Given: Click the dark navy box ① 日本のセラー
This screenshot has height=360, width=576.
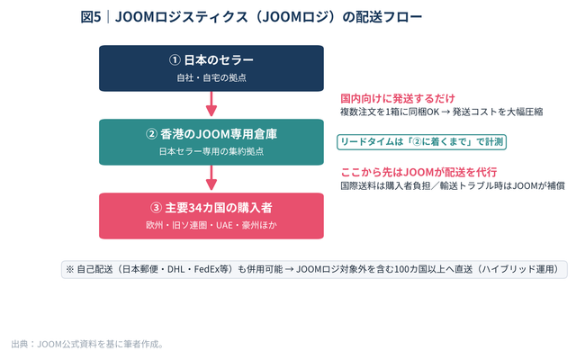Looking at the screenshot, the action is click(211, 68).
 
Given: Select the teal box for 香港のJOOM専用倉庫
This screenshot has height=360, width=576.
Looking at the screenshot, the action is click(211, 142).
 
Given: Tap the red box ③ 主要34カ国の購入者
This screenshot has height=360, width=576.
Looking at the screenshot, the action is click(211, 216).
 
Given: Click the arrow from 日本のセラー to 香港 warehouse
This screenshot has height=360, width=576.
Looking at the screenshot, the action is click(211, 104).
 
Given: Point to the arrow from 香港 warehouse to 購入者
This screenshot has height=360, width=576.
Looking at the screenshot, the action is click(211, 178).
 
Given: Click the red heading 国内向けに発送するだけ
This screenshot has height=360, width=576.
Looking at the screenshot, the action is click(398, 98).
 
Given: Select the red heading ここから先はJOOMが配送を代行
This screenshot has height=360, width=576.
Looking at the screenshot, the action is click(418, 172).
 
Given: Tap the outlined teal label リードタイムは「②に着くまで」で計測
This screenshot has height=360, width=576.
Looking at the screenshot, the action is click(422, 142).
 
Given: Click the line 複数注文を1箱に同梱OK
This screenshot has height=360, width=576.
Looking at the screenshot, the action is click(390, 112).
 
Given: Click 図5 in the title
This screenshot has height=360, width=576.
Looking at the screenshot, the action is click(91, 17).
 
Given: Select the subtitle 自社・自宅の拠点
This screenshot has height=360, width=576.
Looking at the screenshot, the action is click(211, 78).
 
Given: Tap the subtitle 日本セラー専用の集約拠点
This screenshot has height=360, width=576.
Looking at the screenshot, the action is click(211, 151).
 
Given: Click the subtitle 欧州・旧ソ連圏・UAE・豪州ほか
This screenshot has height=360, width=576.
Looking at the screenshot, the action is click(211, 225).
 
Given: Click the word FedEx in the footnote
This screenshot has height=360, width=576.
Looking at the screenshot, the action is click(206, 270).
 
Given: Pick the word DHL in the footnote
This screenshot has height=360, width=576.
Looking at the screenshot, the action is click(176, 270).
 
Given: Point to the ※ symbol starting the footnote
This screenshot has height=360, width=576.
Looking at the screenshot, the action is click(70, 270).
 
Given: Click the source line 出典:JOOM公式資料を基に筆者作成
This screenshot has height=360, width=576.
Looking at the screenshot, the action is click(87, 344).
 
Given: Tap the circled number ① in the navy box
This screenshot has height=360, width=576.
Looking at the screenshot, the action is click(175, 60).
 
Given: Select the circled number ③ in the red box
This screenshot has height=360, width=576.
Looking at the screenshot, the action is click(156, 208).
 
